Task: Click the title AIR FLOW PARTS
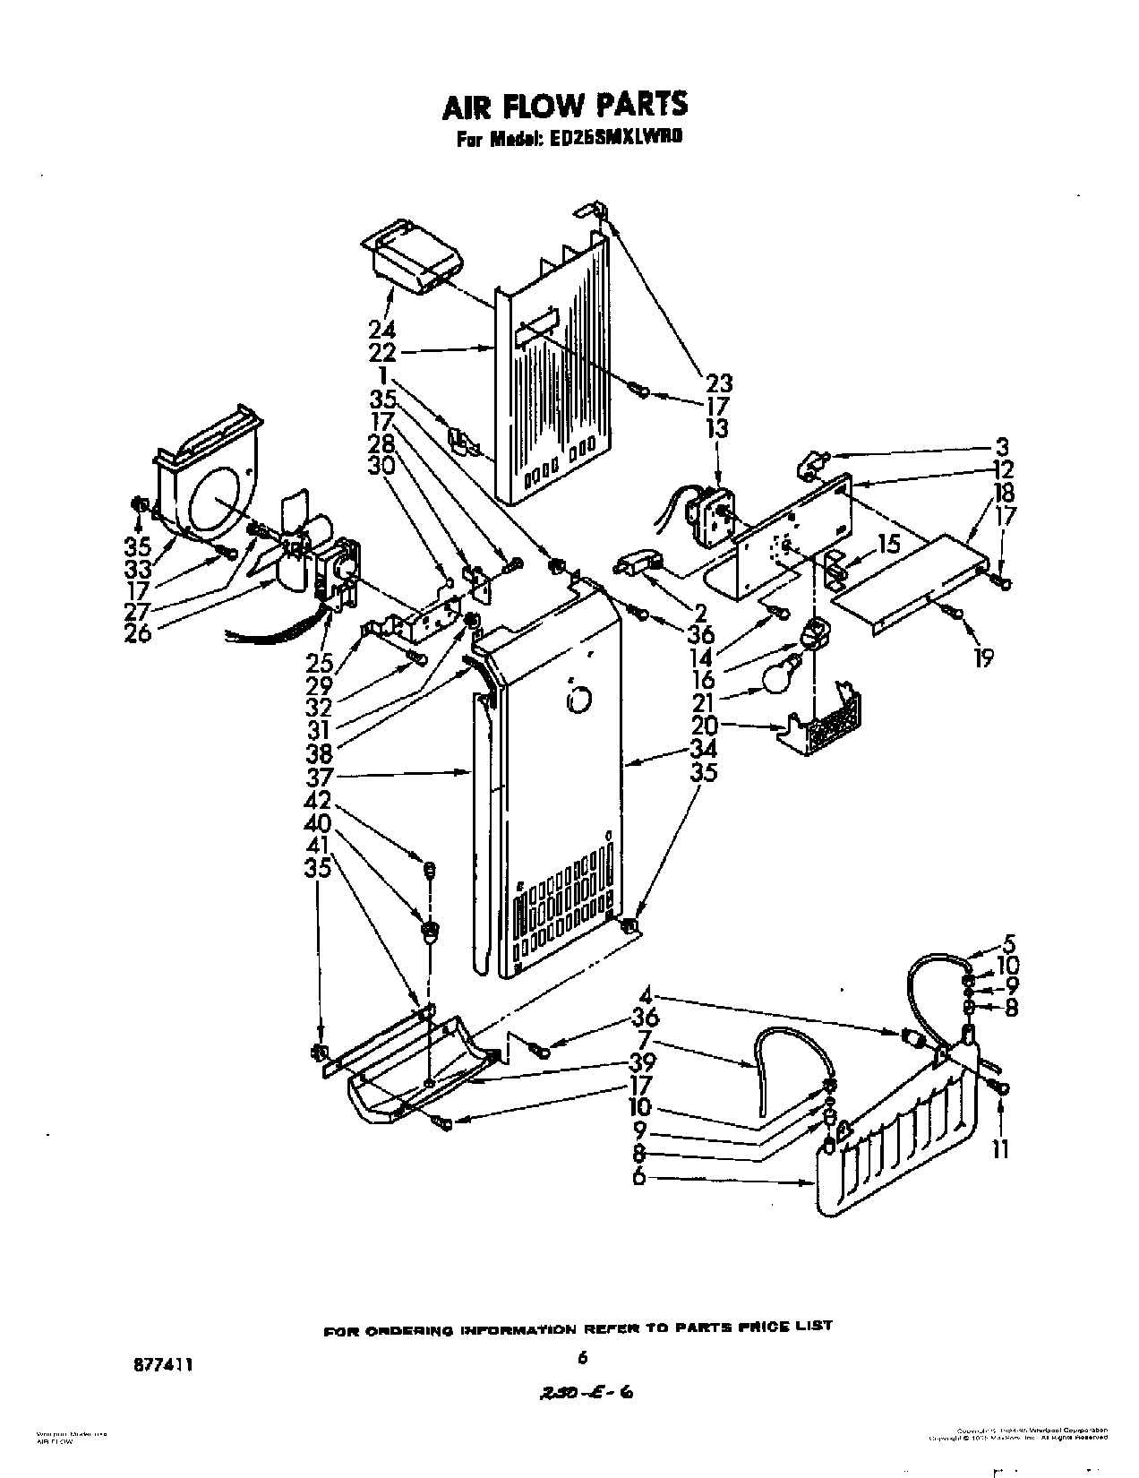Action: click(x=566, y=105)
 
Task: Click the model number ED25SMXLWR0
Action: click(x=621, y=141)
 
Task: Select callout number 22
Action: click(x=382, y=353)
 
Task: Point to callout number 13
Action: click(x=717, y=428)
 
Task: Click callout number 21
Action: click(x=703, y=702)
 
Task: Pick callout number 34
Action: click(x=704, y=751)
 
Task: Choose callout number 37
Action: click(x=319, y=777)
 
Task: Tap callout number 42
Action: click(x=319, y=800)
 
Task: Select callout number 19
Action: click(x=983, y=659)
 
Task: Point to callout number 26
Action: click(x=139, y=632)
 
